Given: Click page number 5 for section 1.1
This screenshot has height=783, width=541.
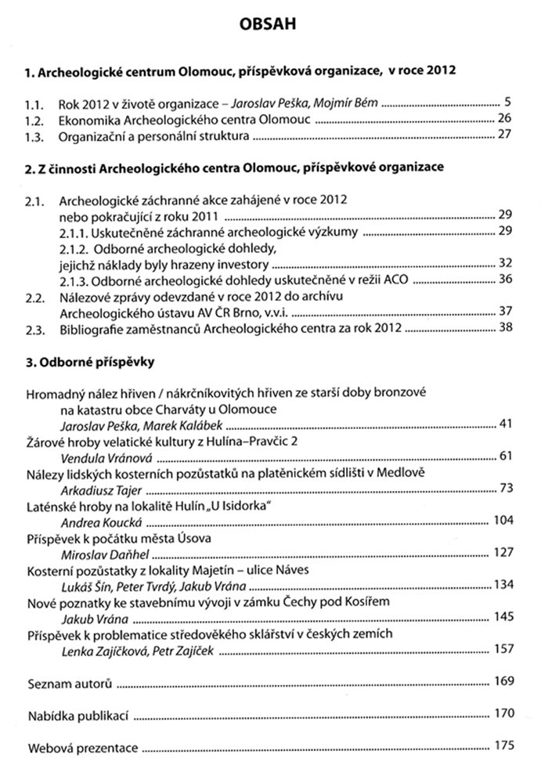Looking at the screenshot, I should point(508,102).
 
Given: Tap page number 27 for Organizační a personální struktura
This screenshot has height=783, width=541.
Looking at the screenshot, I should point(504,135).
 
